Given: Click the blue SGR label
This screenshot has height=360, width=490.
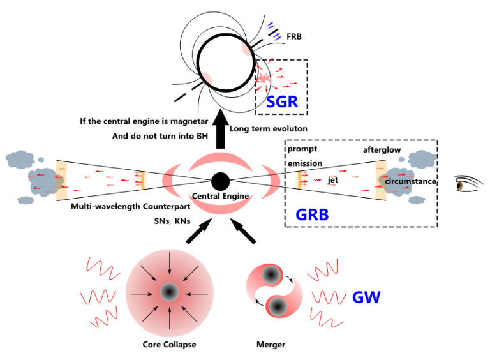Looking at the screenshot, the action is tap(282, 102).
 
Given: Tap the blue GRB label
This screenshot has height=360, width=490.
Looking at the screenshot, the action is tap(312, 214).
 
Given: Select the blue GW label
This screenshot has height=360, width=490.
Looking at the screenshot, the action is tap(366, 297).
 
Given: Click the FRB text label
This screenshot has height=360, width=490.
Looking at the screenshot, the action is tap(294, 36).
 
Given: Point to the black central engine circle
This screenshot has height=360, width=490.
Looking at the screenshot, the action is tap(221, 181).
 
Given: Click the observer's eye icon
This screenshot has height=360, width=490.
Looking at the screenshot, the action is tap(468, 184).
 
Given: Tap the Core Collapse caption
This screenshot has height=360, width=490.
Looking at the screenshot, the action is tap(169, 345).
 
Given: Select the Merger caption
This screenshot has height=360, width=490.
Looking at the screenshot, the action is tap(271, 345).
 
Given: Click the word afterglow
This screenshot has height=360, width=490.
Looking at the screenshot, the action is tap(382, 150).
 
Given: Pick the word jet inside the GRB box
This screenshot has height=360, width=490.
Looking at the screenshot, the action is tap(333, 180).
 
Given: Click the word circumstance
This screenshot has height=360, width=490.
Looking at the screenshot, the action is tap(410, 181).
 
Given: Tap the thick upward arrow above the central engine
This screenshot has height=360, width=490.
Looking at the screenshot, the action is tap(220, 129).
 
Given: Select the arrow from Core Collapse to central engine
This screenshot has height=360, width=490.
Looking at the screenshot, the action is tap(199, 231).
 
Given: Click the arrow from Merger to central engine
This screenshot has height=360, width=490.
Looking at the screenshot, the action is tap(243, 231).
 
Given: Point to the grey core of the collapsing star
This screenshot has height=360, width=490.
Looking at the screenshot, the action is tap(169, 292).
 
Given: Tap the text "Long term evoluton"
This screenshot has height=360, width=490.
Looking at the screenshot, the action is tap(269, 129).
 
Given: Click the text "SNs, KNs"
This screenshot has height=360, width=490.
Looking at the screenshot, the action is tap(172, 221).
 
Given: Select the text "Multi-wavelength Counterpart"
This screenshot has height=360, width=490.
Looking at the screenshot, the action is tap(131, 207).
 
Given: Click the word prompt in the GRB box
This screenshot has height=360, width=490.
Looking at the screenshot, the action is tap(302, 149).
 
